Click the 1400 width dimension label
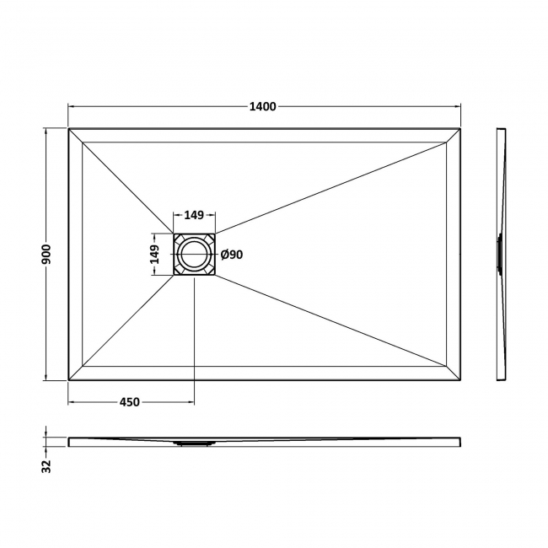click(x=263, y=106)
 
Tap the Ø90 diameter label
click(x=232, y=255)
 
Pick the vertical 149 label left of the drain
click(x=154, y=254)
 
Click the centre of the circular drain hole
click(x=195, y=254)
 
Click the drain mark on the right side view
click(x=500, y=253)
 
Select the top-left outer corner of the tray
click(x=68, y=128)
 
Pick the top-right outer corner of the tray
click(x=460, y=128)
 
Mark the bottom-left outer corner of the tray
click(x=68, y=381)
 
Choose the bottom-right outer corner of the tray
click(x=460, y=381)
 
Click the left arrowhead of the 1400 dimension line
click(x=72, y=106)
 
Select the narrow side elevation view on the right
click(x=501, y=254)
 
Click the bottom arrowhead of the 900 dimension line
click(x=46, y=378)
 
